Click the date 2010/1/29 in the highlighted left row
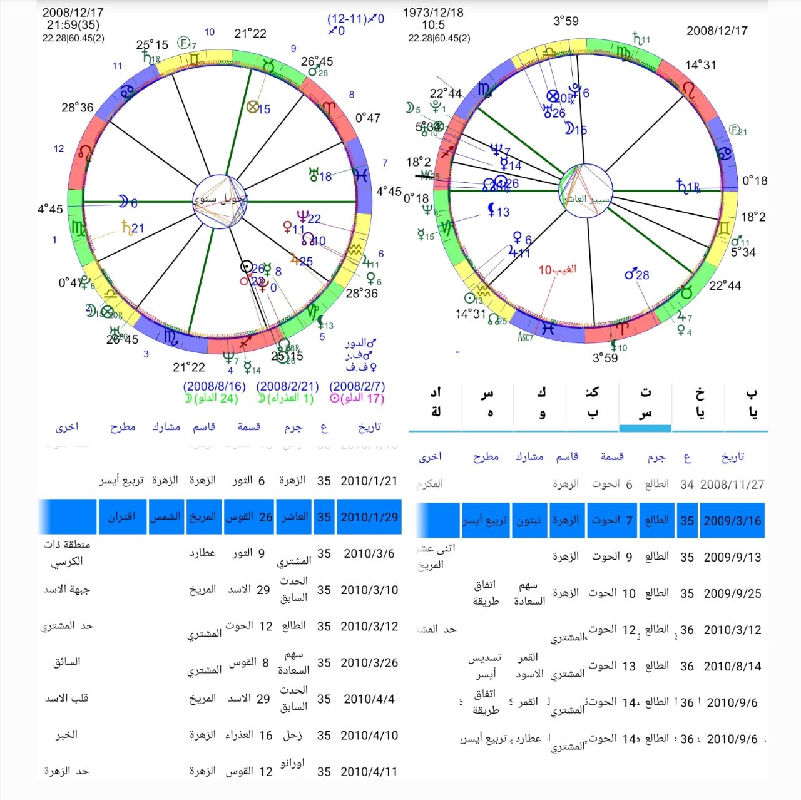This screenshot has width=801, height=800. (369, 517)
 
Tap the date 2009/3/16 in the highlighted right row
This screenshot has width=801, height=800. (732, 521)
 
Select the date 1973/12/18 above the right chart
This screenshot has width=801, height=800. (433, 13)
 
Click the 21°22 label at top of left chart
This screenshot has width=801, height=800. (250, 34)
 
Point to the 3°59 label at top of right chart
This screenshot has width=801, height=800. (566, 21)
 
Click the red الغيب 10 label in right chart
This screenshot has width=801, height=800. (557, 270)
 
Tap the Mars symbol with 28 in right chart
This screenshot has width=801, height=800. (636, 274)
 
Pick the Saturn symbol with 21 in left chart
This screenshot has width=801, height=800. (133, 228)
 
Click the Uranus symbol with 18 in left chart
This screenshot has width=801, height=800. (320, 176)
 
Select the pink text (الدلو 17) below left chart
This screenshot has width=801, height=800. (357, 398)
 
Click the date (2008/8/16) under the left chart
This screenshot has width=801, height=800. (214, 386)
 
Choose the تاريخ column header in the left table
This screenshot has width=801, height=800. (369, 427)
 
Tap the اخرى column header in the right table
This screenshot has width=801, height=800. (430, 457)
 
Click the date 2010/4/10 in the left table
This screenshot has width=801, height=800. (369, 736)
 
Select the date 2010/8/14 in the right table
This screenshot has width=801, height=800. (732, 667)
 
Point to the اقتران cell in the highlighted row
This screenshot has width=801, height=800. (121, 517)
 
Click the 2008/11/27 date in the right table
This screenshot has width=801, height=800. (732, 485)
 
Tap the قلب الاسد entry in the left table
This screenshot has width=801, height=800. (67, 699)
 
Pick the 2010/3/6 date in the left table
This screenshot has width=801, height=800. (369, 554)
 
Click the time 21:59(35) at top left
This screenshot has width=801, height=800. (73, 25)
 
